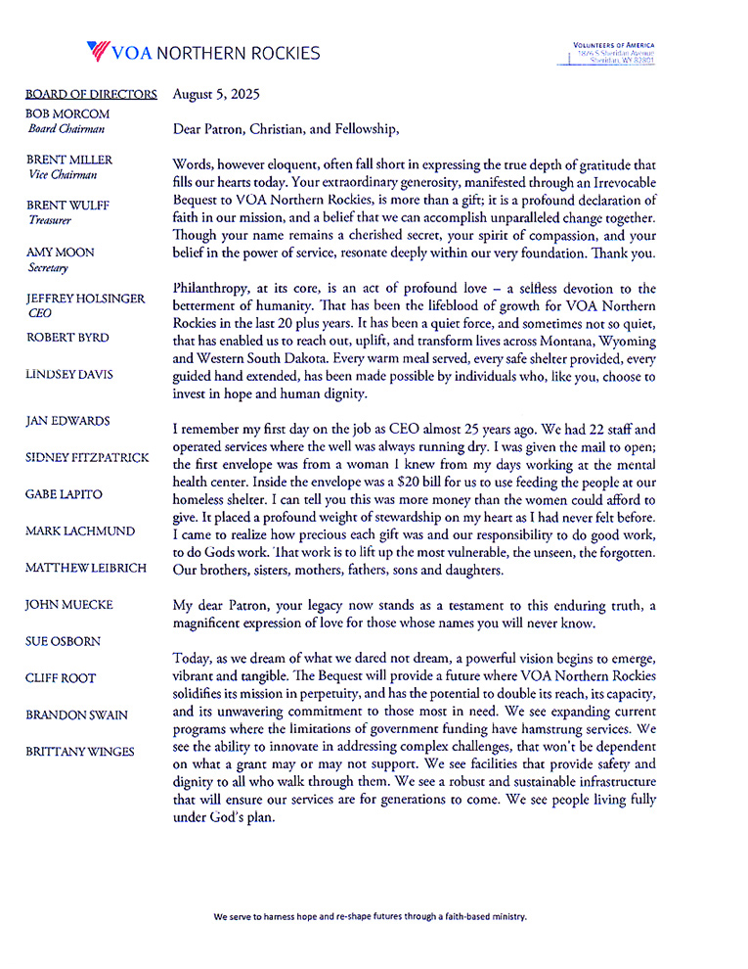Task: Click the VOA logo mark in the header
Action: (98, 51)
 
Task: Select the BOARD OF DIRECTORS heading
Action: (91, 95)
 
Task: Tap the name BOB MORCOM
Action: (68, 114)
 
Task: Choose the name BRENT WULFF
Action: (67, 206)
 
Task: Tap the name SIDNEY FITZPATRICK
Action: (86, 456)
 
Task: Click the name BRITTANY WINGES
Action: (80, 751)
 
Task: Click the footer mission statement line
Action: (371, 917)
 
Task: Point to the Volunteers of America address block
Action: (613, 53)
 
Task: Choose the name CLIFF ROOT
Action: (61, 677)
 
